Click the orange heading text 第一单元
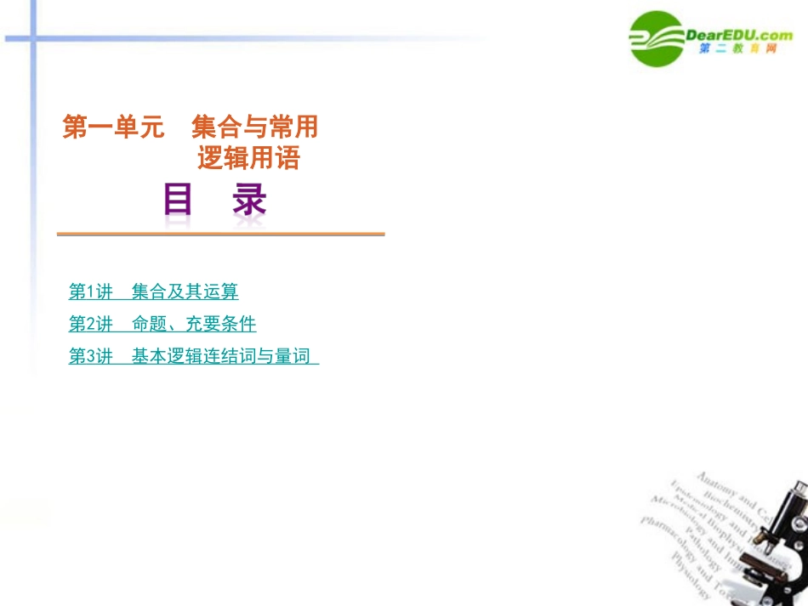(112, 127)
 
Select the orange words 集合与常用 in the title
(254, 127)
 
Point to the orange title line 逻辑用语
(248, 158)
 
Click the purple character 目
(178, 201)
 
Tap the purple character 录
(248, 201)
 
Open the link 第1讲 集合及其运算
(153, 292)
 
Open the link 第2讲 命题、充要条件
(162, 325)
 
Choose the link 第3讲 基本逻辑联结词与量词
(193, 357)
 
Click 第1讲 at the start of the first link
(90, 292)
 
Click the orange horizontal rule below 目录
(220, 234)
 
